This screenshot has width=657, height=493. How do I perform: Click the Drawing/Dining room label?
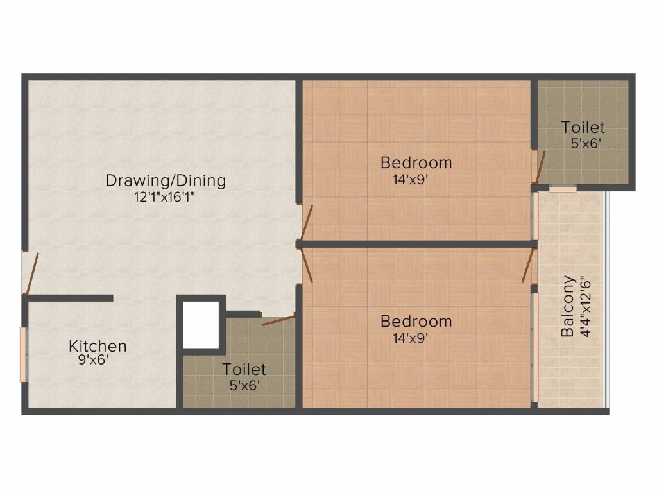pos(166,180)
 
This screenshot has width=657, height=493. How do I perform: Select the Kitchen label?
pos(98,347)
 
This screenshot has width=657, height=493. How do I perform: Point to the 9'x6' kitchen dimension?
pos(93,360)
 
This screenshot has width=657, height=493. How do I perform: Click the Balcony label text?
pos(567,307)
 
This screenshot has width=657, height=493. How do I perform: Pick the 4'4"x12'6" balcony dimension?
pos(583,307)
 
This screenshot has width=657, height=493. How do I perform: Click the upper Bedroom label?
pos(416,162)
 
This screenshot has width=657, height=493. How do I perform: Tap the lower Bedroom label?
pos(416,321)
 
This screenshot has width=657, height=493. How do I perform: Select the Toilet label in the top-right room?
pos(583,127)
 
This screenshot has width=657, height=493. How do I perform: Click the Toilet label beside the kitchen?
pos(244,369)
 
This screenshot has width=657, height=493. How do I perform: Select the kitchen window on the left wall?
pos(24,354)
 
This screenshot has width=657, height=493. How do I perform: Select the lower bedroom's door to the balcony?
pos(529,266)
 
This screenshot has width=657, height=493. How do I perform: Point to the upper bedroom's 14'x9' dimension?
pos(411,180)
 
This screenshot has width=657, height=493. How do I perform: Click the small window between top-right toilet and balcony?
pos(563,189)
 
